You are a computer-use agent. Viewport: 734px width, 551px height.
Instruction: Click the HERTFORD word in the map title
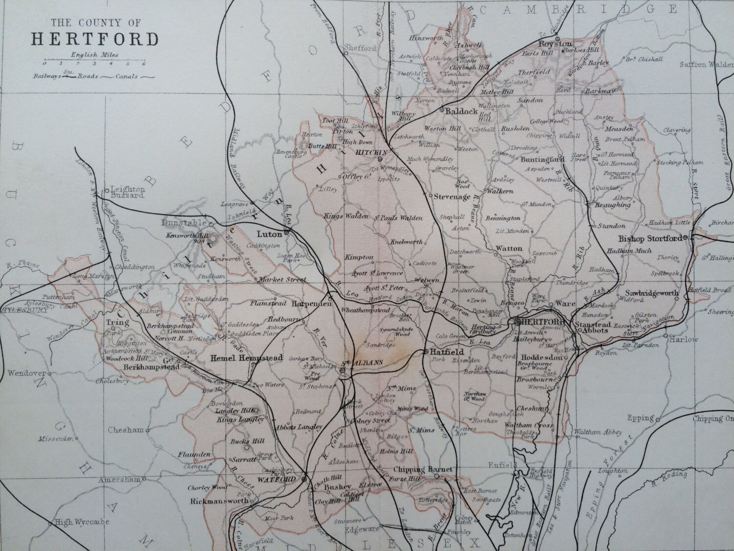pos(95,39)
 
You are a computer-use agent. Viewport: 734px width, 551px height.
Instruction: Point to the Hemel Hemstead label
pos(246,358)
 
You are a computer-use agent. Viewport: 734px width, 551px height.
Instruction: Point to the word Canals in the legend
pos(126,76)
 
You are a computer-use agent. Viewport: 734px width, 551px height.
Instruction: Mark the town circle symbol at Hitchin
pos(380,159)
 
